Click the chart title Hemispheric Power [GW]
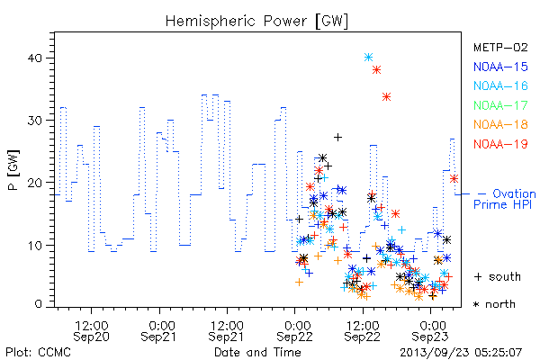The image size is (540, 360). pyautogui.click(x=256, y=22)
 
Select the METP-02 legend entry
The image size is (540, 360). pyautogui.click(x=500, y=47)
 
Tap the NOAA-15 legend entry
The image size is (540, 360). pyautogui.click(x=500, y=67)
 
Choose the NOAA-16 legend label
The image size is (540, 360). pyautogui.click(x=500, y=85)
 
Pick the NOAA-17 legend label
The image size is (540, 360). pyautogui.click(x=500, y=105)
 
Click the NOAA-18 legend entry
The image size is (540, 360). pyautogui.click(x=500, y=124)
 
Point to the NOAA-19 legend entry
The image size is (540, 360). pyautogui.click(x=500, y=144)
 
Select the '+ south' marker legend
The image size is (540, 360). pyautogui.click(x=498, y=276)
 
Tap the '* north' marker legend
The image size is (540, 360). pyautogui.click(x=494, y=304)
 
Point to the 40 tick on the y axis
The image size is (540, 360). pyautogui.click(x=35, y=58)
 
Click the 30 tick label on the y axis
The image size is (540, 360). pyautogui.click(x=35, y=121)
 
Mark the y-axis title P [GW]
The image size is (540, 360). pyautogui.click(x=14, y=170)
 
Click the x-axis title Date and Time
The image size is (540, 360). pyautogui.click(x=257, y=352)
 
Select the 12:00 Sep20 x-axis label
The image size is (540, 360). pyautogui.click(x=91, y=330)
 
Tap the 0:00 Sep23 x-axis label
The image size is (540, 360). pyautogui.click(x=430, y=330)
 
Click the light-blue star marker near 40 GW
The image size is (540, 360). pyautogui.click(x=368, y=58)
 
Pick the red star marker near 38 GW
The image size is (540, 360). pyautogui.click(x=377, y=70)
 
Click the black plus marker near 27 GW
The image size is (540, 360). pyautogui.click(x=337, y=137)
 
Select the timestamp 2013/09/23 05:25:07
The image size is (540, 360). pyautogui.click(x=461, y=352)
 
